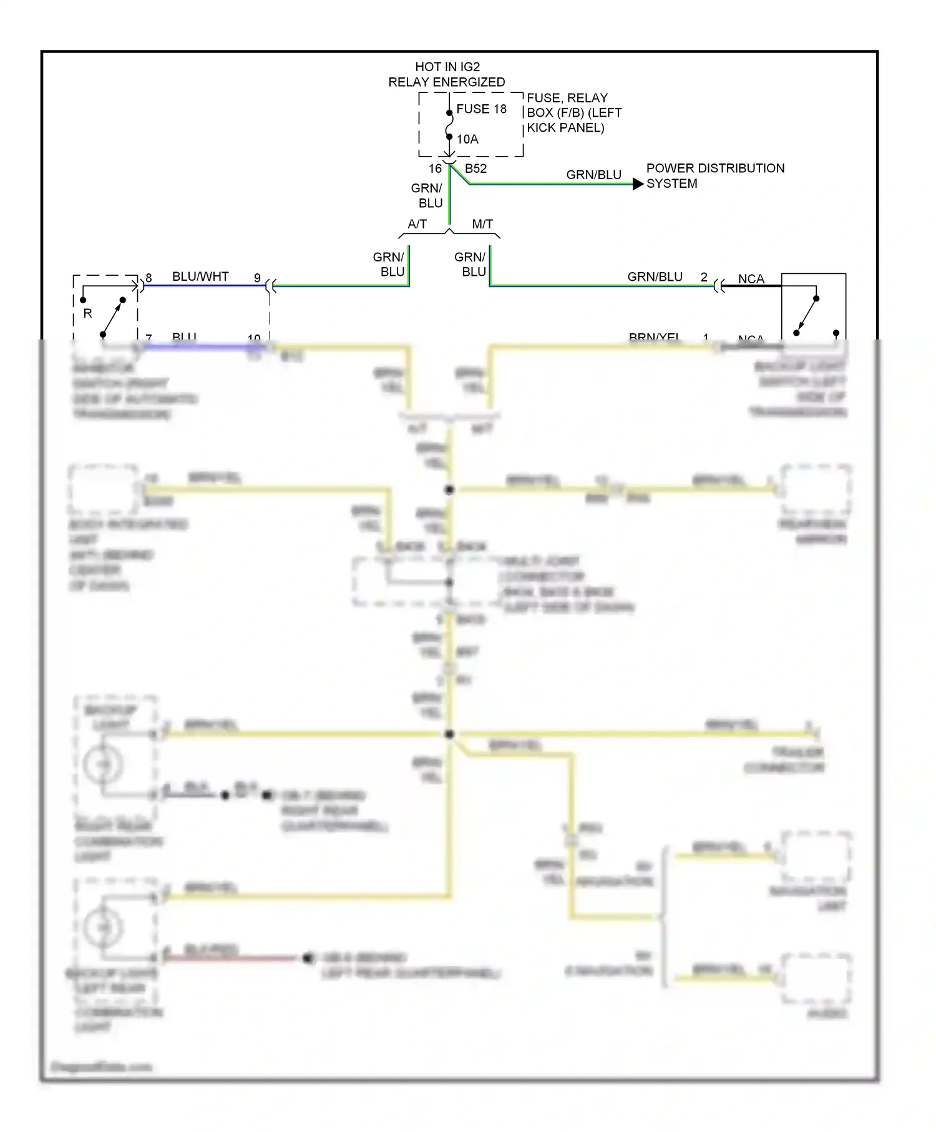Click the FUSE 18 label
[481, 109]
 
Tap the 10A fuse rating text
[467, 139]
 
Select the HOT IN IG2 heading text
[447, 67]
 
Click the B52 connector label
[475, 168]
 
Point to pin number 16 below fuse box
[435, 168]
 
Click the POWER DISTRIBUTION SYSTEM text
[714, 175]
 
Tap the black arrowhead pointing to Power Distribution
[638, 184]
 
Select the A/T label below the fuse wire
[417, 224]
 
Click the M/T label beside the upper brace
[482, 224]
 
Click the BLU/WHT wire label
[200, 276]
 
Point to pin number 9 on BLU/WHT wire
[257, 278]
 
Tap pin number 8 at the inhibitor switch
[149, 278]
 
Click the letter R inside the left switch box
[87, 313]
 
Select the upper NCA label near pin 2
[751, 279]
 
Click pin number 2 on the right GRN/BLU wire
[704, 277]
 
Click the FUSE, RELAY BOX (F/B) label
[573, 113]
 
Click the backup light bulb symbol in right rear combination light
[104, 764]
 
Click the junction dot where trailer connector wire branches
[449, 734]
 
